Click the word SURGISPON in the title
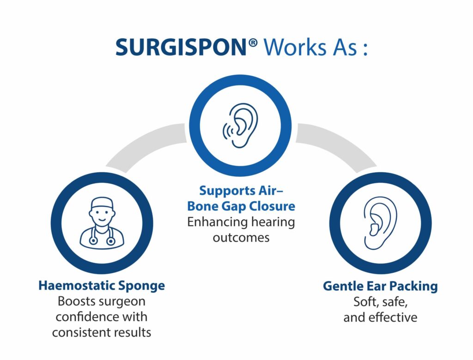point(182,48)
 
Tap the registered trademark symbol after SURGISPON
point(253,43)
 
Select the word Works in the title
point(295,48)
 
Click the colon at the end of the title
point(365,49)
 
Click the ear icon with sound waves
point(240,126)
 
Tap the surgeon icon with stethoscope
point(102,223)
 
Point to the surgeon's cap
point(102,204)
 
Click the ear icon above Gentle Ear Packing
point(380,223)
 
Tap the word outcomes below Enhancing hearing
point(241,238)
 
